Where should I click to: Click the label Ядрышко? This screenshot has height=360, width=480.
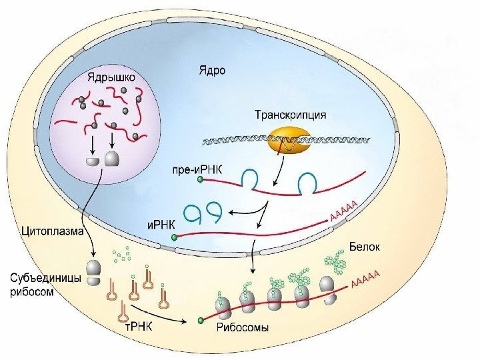(x=111, y=77)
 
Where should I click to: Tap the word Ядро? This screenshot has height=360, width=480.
(x=212, y=69)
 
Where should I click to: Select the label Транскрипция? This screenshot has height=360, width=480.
(x=291, y=114)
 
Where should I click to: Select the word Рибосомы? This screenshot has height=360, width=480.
(x=242, y=327)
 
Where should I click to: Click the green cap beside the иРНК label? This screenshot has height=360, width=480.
(x=175, y=236)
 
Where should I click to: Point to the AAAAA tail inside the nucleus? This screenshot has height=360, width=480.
(x=344, y=210)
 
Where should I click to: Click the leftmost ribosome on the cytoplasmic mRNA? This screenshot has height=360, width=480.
(x=223, y=307)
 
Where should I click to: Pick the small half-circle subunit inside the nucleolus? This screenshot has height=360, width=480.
(x=91, y=161)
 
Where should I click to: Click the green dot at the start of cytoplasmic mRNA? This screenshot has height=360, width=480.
(x=201, y=321)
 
